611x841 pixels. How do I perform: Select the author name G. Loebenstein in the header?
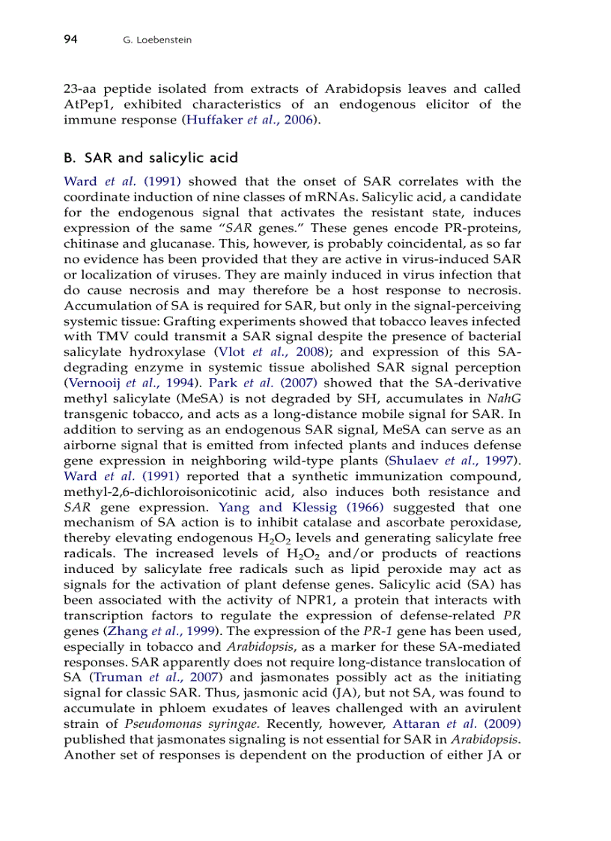pyautogui.click(x=156, y=40)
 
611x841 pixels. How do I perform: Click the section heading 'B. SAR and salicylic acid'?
pyautogui.click(x=151, y=158)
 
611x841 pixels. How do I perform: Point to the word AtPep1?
pyautogui.click(x=89, y=104)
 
